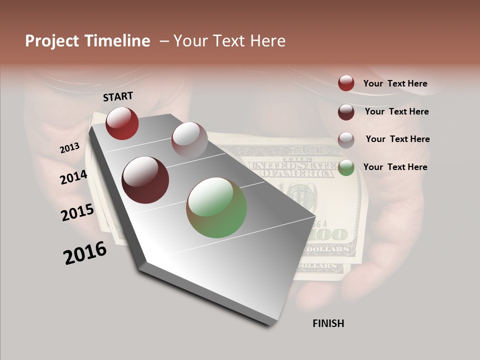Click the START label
(x=118, y=96)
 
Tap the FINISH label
(x=328, y=323)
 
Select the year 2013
(x=70, y=148)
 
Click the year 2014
(x=74, y=177)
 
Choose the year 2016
(x=85, y=253)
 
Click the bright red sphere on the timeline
(x=122, y=123)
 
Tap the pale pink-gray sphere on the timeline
(x=189, y=139)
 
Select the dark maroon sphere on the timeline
(x=145, y=180)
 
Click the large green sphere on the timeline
(x=216, y=207)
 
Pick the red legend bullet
(x=346, y=83)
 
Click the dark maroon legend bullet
(x=346, y=112)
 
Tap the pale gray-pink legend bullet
(x=346, y=140)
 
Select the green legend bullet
(x=346, y=167)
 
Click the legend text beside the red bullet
(x=395, y=83)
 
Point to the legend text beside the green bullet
(x=395, y=167)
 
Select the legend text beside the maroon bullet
(x=396, y=111)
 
